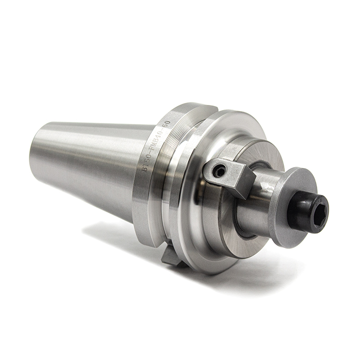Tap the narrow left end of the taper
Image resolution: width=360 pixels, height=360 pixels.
pyautogui.click(x=39, y=144)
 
